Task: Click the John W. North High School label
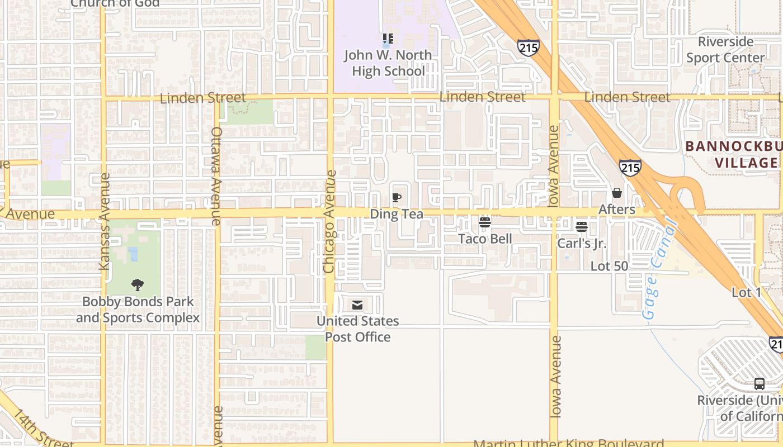388,63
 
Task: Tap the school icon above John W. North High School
388,39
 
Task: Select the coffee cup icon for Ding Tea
397,197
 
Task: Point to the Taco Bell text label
485,239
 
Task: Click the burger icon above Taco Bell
485,222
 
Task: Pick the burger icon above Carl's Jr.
582,227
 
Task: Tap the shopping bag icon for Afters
617,193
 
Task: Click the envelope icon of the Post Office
357,305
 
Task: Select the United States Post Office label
358,329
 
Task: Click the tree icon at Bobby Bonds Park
138,285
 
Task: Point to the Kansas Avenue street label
105,222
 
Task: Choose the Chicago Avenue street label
329,222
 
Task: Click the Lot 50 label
609,267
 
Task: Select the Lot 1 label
747,293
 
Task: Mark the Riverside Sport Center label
725,50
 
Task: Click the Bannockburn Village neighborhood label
733,155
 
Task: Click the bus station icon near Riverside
760,384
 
